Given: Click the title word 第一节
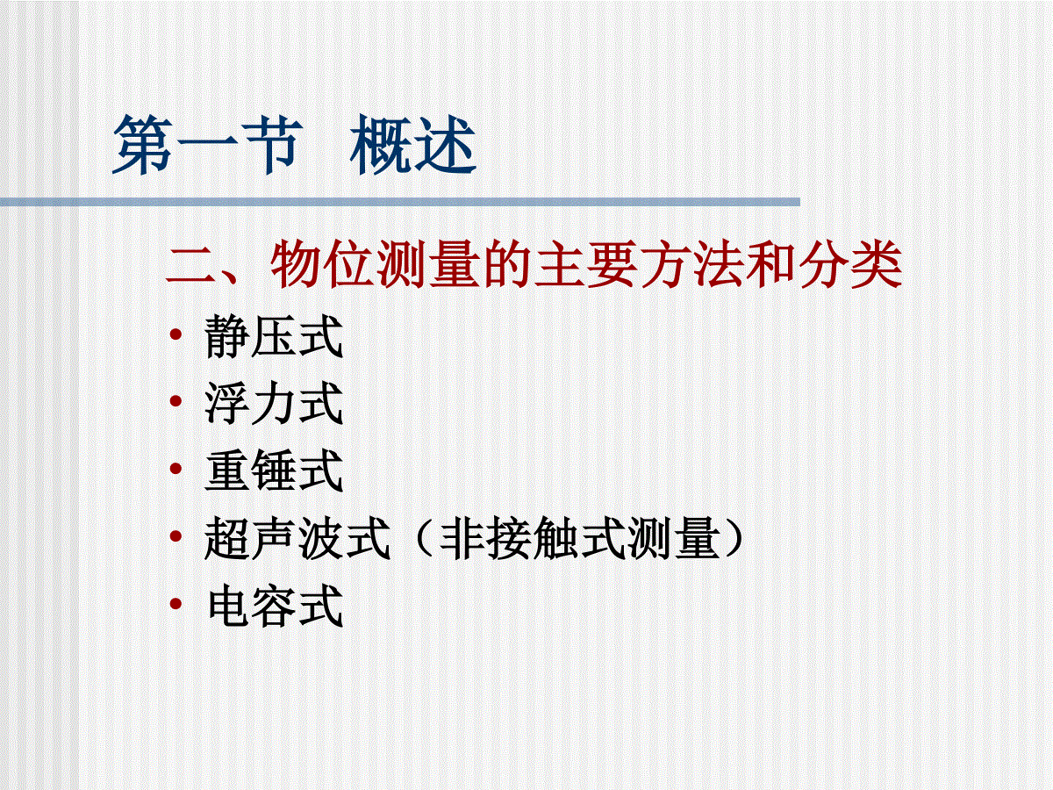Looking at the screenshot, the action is pos(208,144).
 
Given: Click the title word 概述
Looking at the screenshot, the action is pos(413,144).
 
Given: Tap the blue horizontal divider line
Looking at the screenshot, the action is pos(400,202).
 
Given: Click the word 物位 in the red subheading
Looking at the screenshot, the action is pos(322,265).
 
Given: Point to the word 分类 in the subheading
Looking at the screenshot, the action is pos(851,265).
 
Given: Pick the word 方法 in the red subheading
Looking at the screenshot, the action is pos(692,265).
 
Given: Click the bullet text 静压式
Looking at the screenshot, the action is pos(274,336).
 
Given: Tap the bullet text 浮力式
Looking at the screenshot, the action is pos(274,403).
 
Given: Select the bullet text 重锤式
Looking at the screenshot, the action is pos(274,470).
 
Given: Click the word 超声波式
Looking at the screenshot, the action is pos(297,538).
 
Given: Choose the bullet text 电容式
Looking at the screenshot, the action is pos(275,605).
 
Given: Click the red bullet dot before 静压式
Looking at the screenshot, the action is pos(176,334).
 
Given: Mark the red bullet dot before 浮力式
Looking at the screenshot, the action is pos(176,400).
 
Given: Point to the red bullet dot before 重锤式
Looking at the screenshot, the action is pos(176,468).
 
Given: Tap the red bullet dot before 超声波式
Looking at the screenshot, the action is pos(176,535).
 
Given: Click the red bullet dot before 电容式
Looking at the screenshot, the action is pos(176,603).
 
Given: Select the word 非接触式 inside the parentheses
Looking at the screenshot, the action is pos(533,538).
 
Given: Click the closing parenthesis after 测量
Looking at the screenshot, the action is pos(734,538).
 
